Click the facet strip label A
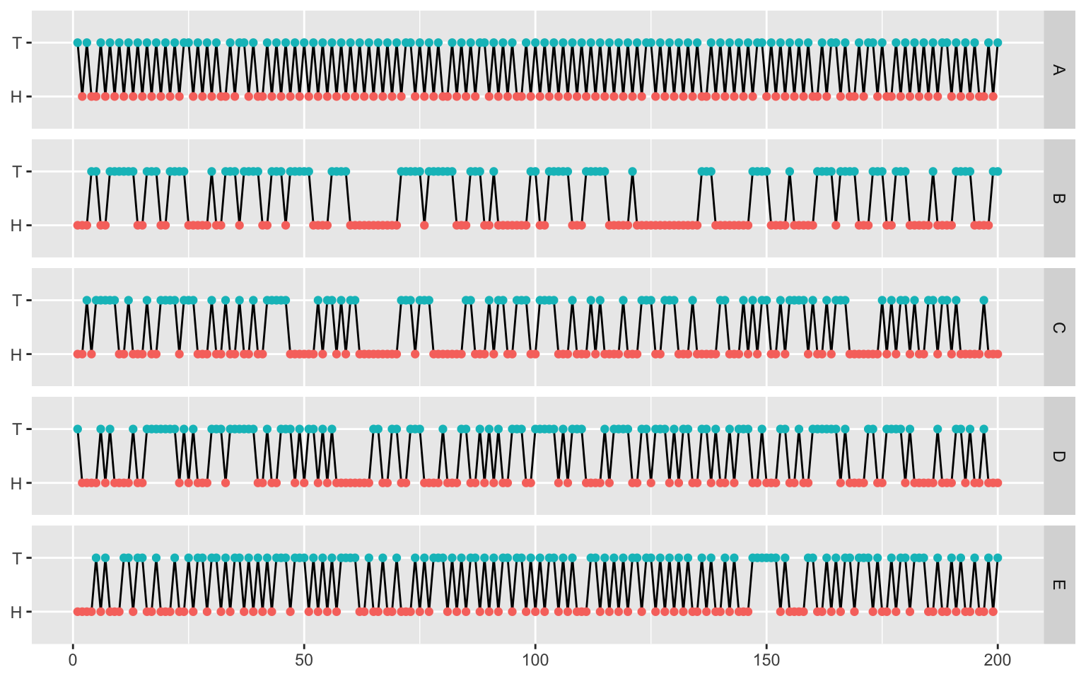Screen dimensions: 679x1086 (x=1058, y=69)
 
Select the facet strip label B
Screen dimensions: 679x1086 (x=1058, y=198)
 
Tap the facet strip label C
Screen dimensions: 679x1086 (x=1058, y=327)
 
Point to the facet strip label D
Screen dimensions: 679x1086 (x=1058, y=456)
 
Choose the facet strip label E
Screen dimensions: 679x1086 (x=1058, y=585)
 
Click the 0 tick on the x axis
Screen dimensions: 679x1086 (x=73, y=661)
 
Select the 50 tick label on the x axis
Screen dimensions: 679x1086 (x=304, y=661)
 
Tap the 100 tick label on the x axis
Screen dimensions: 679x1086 (x=535, y=661)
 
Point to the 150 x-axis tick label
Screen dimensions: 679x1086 (x=766, y=661)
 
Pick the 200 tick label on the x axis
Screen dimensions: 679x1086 (x=998, y=661)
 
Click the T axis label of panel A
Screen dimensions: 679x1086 (x=17, y=43)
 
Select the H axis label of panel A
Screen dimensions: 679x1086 (x=17, y=97)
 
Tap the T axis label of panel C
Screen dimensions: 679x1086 (x=17, y=301)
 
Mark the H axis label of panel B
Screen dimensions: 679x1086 (x=17, y=226)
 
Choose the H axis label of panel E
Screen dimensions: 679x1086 (x=17, y=613)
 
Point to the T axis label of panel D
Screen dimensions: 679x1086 (x=17, y=429)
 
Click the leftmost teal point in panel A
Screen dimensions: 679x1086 (x=78, y=42)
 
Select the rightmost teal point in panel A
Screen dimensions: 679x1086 (x=998, y=42)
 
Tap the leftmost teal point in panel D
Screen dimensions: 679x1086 (x=78, y=429)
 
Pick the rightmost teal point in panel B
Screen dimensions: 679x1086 (x=998, y=171)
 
